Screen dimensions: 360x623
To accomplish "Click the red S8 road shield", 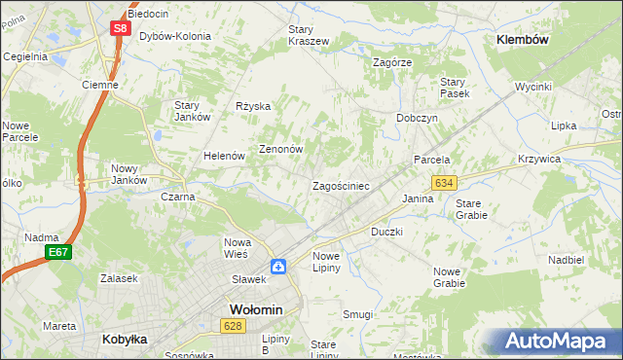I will (x=119, y=28).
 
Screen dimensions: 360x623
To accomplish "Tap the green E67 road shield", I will (x=58, y=252).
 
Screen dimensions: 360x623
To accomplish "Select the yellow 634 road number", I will (x=445, y=183).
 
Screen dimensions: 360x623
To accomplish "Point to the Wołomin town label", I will (x=255, y=309).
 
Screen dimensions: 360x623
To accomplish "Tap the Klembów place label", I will (x=524, y=40).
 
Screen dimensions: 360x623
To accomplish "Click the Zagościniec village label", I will (x=340, y=185).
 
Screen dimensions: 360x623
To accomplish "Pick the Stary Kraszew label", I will (x=309, y=35).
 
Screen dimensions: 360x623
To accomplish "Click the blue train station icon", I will (x=278, y=266).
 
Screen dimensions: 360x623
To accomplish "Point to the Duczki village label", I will (x=386, y=233).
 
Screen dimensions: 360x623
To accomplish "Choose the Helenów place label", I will (x=223, y=156).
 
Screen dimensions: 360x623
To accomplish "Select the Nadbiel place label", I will (x=566, y=260).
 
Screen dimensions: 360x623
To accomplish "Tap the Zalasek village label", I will (x=118, y=277).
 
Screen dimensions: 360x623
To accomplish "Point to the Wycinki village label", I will (x=533, y=87).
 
